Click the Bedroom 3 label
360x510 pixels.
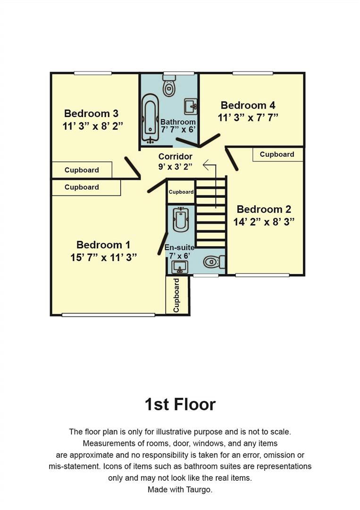tap(91, 113)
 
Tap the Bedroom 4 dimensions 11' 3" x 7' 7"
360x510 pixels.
tap(248, 118)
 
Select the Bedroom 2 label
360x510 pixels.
tap(264, 209)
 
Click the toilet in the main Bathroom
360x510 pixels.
tap(169, 87)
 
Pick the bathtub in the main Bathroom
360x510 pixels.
tap(151, 118)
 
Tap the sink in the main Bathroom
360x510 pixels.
tap(190, 106)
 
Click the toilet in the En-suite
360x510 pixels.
tap(214, 262)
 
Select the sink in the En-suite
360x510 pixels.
tap(179, 267)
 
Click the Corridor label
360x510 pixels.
tap(175, 156)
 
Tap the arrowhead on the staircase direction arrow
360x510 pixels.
tap(205, 165)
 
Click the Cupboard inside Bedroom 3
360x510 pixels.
tap(82, 170)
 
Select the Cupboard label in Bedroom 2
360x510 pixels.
tap(277, 154)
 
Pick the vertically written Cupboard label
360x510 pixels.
tap(177, 295)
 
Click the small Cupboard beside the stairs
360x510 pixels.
tap(181, 192)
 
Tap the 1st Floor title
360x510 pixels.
tap(180, 404)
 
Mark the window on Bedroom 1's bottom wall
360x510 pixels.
tap(108, 315)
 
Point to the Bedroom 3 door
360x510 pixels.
tap(133, 168)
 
